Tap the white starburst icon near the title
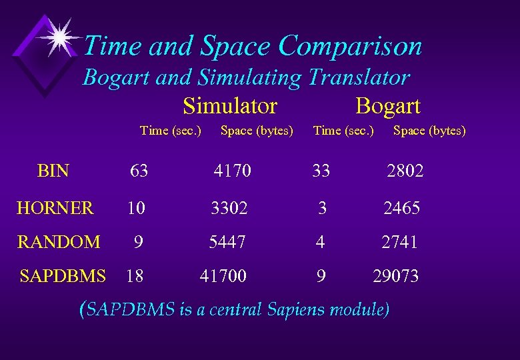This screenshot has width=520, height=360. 59,37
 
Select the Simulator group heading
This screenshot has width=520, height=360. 230,106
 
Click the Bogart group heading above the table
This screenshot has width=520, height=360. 387,106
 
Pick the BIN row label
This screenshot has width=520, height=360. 53,171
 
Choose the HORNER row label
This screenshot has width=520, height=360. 55,209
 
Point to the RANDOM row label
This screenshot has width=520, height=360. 59,242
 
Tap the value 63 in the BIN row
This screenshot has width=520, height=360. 139,171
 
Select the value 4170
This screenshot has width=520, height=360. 233,171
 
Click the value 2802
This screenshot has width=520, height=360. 405,171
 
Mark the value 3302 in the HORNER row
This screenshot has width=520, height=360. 229,209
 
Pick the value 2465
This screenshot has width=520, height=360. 401,209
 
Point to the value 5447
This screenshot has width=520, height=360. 227,242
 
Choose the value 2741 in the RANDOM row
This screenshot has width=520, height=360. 399,242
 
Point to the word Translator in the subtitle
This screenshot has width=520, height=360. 358,78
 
